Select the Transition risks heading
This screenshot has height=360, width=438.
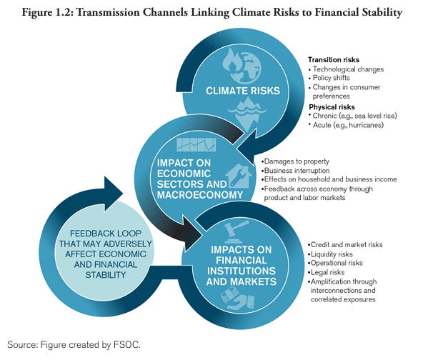[334, 59]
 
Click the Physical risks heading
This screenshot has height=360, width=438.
[332, 106]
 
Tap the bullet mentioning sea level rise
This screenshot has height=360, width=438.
[353, 115]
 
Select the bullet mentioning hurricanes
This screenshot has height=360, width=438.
[347, 124]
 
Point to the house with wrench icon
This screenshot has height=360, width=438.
[237, 175]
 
